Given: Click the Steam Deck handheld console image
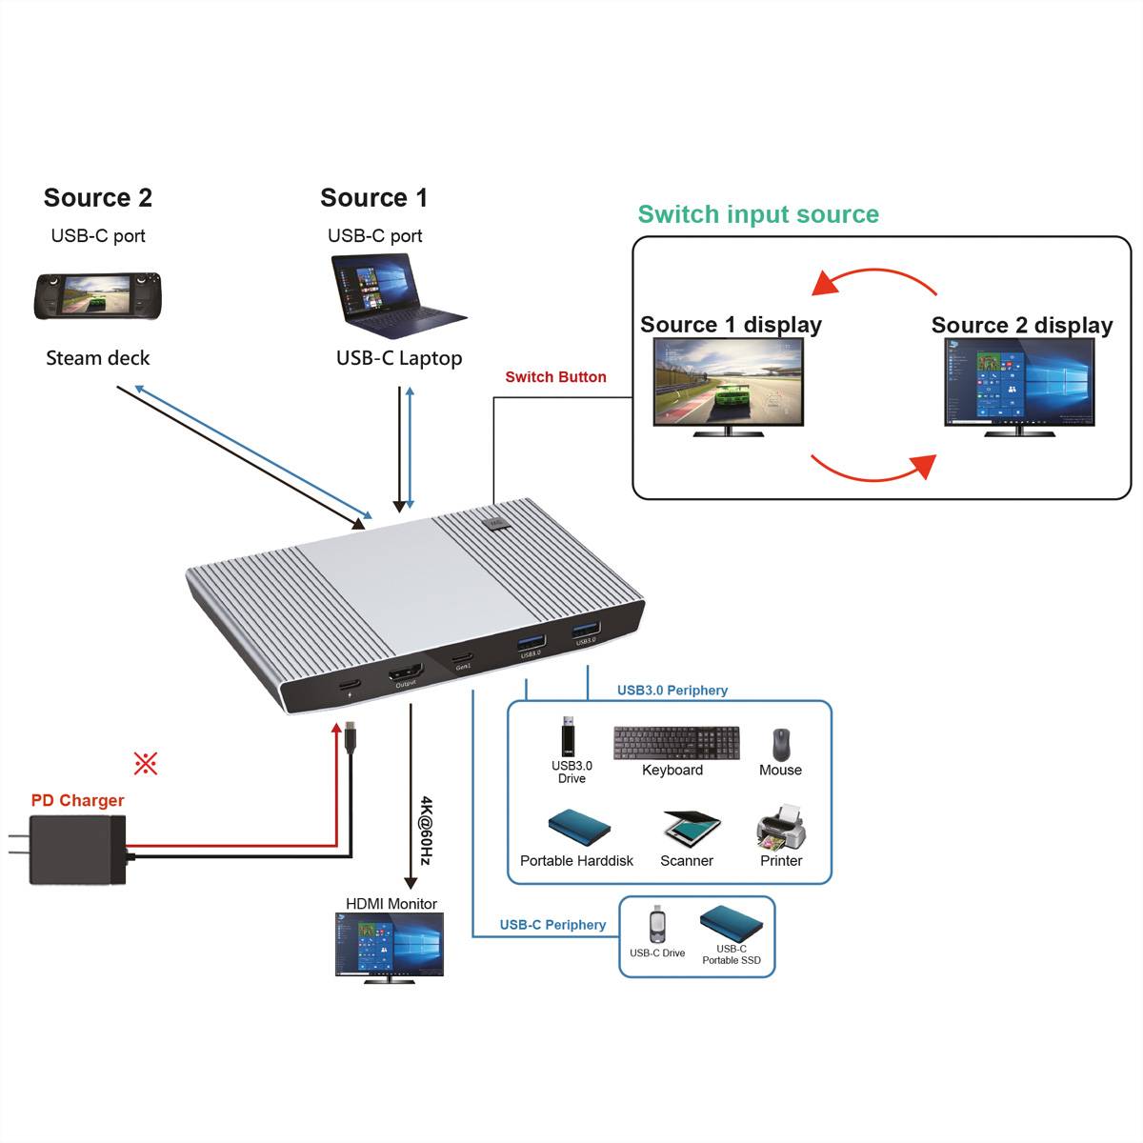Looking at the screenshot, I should point(98,296).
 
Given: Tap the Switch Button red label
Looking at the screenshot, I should point(555,377).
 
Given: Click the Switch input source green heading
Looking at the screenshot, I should point(758,214).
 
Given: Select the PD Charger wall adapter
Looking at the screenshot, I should point(76,849).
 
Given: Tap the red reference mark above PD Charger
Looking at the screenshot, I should point(145,763).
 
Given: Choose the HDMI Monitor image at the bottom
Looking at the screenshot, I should point(390,947).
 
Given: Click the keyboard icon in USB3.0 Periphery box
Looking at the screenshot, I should point(676,743).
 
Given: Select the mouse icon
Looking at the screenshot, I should point(781,743).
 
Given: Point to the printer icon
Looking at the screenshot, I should point(781,827).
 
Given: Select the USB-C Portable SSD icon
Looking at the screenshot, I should point(732,923).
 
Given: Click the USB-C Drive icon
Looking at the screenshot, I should point(657,924).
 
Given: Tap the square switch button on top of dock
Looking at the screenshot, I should point(495,522).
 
